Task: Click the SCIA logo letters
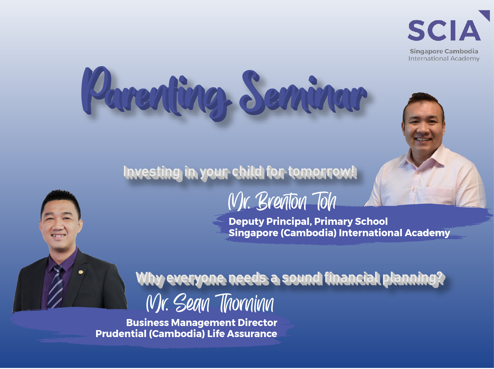(x=444, y=30)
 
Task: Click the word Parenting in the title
(x=155, y=93)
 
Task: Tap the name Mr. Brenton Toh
(x=282, y=201)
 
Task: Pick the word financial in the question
(x=352, y=278)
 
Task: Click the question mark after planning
(x=441, y=278)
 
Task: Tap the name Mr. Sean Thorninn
(x=210, y=303)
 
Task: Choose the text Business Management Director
(x=202, y=323)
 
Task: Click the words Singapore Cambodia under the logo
(x=444, y=51)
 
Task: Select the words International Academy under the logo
(x=444, y=59)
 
